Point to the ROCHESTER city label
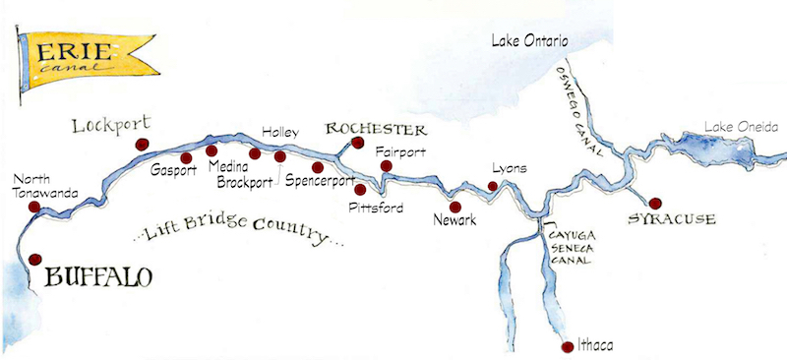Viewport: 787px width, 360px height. pyautogui.click(x=375, y=130)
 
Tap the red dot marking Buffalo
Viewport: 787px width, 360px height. pyautogui.click(x=36, y=260)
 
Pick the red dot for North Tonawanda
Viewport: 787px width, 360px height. pyautogui.click(x=34, y=208)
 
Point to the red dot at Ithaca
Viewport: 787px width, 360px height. pyautogui.click(x=565, y=346)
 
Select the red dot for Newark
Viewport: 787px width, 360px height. pyautogui.click(x=455, y=207)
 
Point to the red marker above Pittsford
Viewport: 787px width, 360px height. pyautogui.click(x=360, y=190)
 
